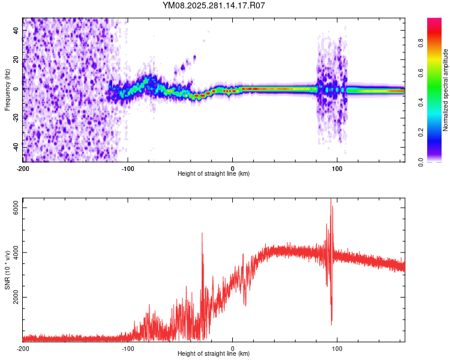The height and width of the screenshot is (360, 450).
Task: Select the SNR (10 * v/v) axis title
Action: pyautogui.click(x=7, y=270)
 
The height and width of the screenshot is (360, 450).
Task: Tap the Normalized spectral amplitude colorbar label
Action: pyautogui.click(x=446, y=90)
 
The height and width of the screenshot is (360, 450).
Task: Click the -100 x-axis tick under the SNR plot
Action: pyautogui.click(x=128, y=348)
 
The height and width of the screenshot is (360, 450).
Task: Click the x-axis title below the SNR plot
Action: pyautogui.click(x=214, y=354)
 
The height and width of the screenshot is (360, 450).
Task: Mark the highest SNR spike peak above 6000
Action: pyautogui.click(x=331, y=200)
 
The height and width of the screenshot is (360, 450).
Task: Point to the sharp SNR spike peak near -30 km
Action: pyautogui.click(x=202, y=233)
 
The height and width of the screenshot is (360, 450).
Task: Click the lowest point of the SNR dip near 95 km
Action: pyautogui.click(x=332, y=325)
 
